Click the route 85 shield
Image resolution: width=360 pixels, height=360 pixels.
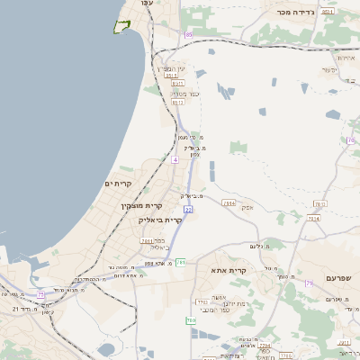[189, 34]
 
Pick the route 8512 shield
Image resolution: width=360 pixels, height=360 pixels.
[177, 103]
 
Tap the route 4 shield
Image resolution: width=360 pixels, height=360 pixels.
[175, 158]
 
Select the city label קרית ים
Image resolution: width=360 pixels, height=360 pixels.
[117, 184]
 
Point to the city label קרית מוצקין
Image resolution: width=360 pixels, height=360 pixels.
[139, 206]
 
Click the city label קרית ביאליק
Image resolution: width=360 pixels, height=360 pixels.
[160, 220]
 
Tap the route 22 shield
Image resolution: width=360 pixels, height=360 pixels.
[188, 209]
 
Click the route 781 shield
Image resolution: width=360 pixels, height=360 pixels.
[181, 262]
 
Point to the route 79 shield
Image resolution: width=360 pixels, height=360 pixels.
[309, 284]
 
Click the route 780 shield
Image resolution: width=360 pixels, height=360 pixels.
[191, 320]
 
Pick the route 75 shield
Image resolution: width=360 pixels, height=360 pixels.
[40, 293]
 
